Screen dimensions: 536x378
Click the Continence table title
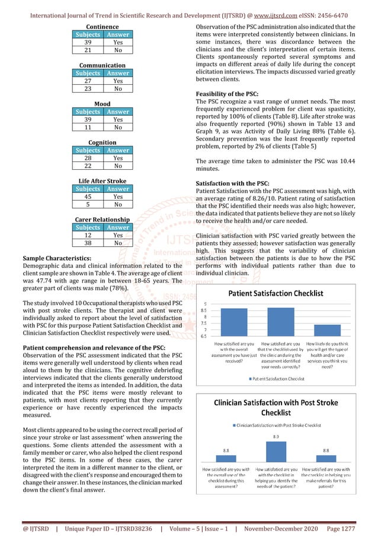point(102,27)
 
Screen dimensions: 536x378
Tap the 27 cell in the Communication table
point(87,81)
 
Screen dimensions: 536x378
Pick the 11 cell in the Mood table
point(87,127)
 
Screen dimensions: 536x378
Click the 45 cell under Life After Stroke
point(87,197)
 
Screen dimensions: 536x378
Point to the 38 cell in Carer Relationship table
point(87,243)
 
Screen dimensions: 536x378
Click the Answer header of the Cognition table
point(118,150)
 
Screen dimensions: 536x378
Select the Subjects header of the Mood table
point(87,112)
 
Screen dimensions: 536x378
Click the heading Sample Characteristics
point(57,259)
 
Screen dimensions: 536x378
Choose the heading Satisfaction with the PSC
point(233,182)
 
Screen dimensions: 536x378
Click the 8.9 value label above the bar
point(276,437)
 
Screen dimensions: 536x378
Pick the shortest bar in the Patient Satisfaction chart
point(331,331)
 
